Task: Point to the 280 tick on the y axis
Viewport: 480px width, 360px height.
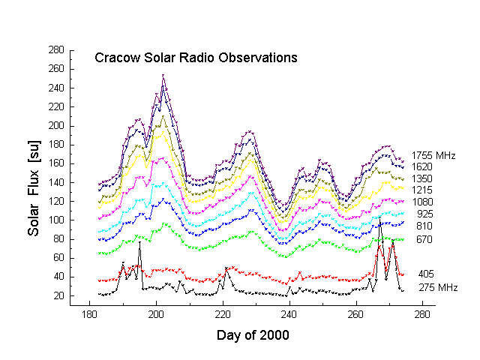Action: [55, 50]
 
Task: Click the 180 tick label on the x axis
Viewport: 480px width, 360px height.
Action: [89, 313]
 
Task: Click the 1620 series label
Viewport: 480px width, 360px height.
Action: [422, 166]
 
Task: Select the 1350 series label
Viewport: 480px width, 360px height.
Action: [422, 178]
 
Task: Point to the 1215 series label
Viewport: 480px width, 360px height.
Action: [422, 190]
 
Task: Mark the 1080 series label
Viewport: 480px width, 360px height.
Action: [422, 202]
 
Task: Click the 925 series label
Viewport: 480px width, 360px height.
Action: [424, 214]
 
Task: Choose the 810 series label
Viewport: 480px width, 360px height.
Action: [424, 225]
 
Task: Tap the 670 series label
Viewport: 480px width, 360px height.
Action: [424, 239]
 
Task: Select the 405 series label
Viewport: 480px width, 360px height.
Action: [426, 274]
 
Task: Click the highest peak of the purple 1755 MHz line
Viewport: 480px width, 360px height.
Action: [163, 75]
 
